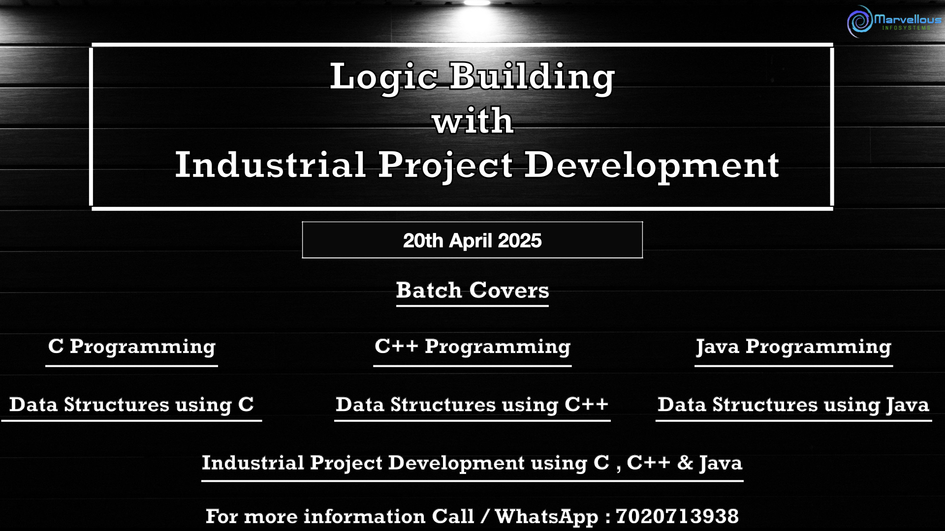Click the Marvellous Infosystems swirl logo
coord(860,21)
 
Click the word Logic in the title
coord(384,77)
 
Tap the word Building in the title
coord(532,77)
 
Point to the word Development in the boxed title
coord(652,166)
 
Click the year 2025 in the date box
coord(520,241)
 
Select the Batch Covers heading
coord(472,290)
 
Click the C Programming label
coord(132,347)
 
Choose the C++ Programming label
coord(472,347)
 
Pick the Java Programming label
coord(793,347)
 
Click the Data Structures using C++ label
coord(472,405)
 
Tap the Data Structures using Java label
coord(793,405)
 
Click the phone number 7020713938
coord(677,516)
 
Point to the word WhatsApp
coord(546,517)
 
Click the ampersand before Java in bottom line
coord(685,463)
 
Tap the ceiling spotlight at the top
coord(477,2)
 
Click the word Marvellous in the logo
coord(908,19)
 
